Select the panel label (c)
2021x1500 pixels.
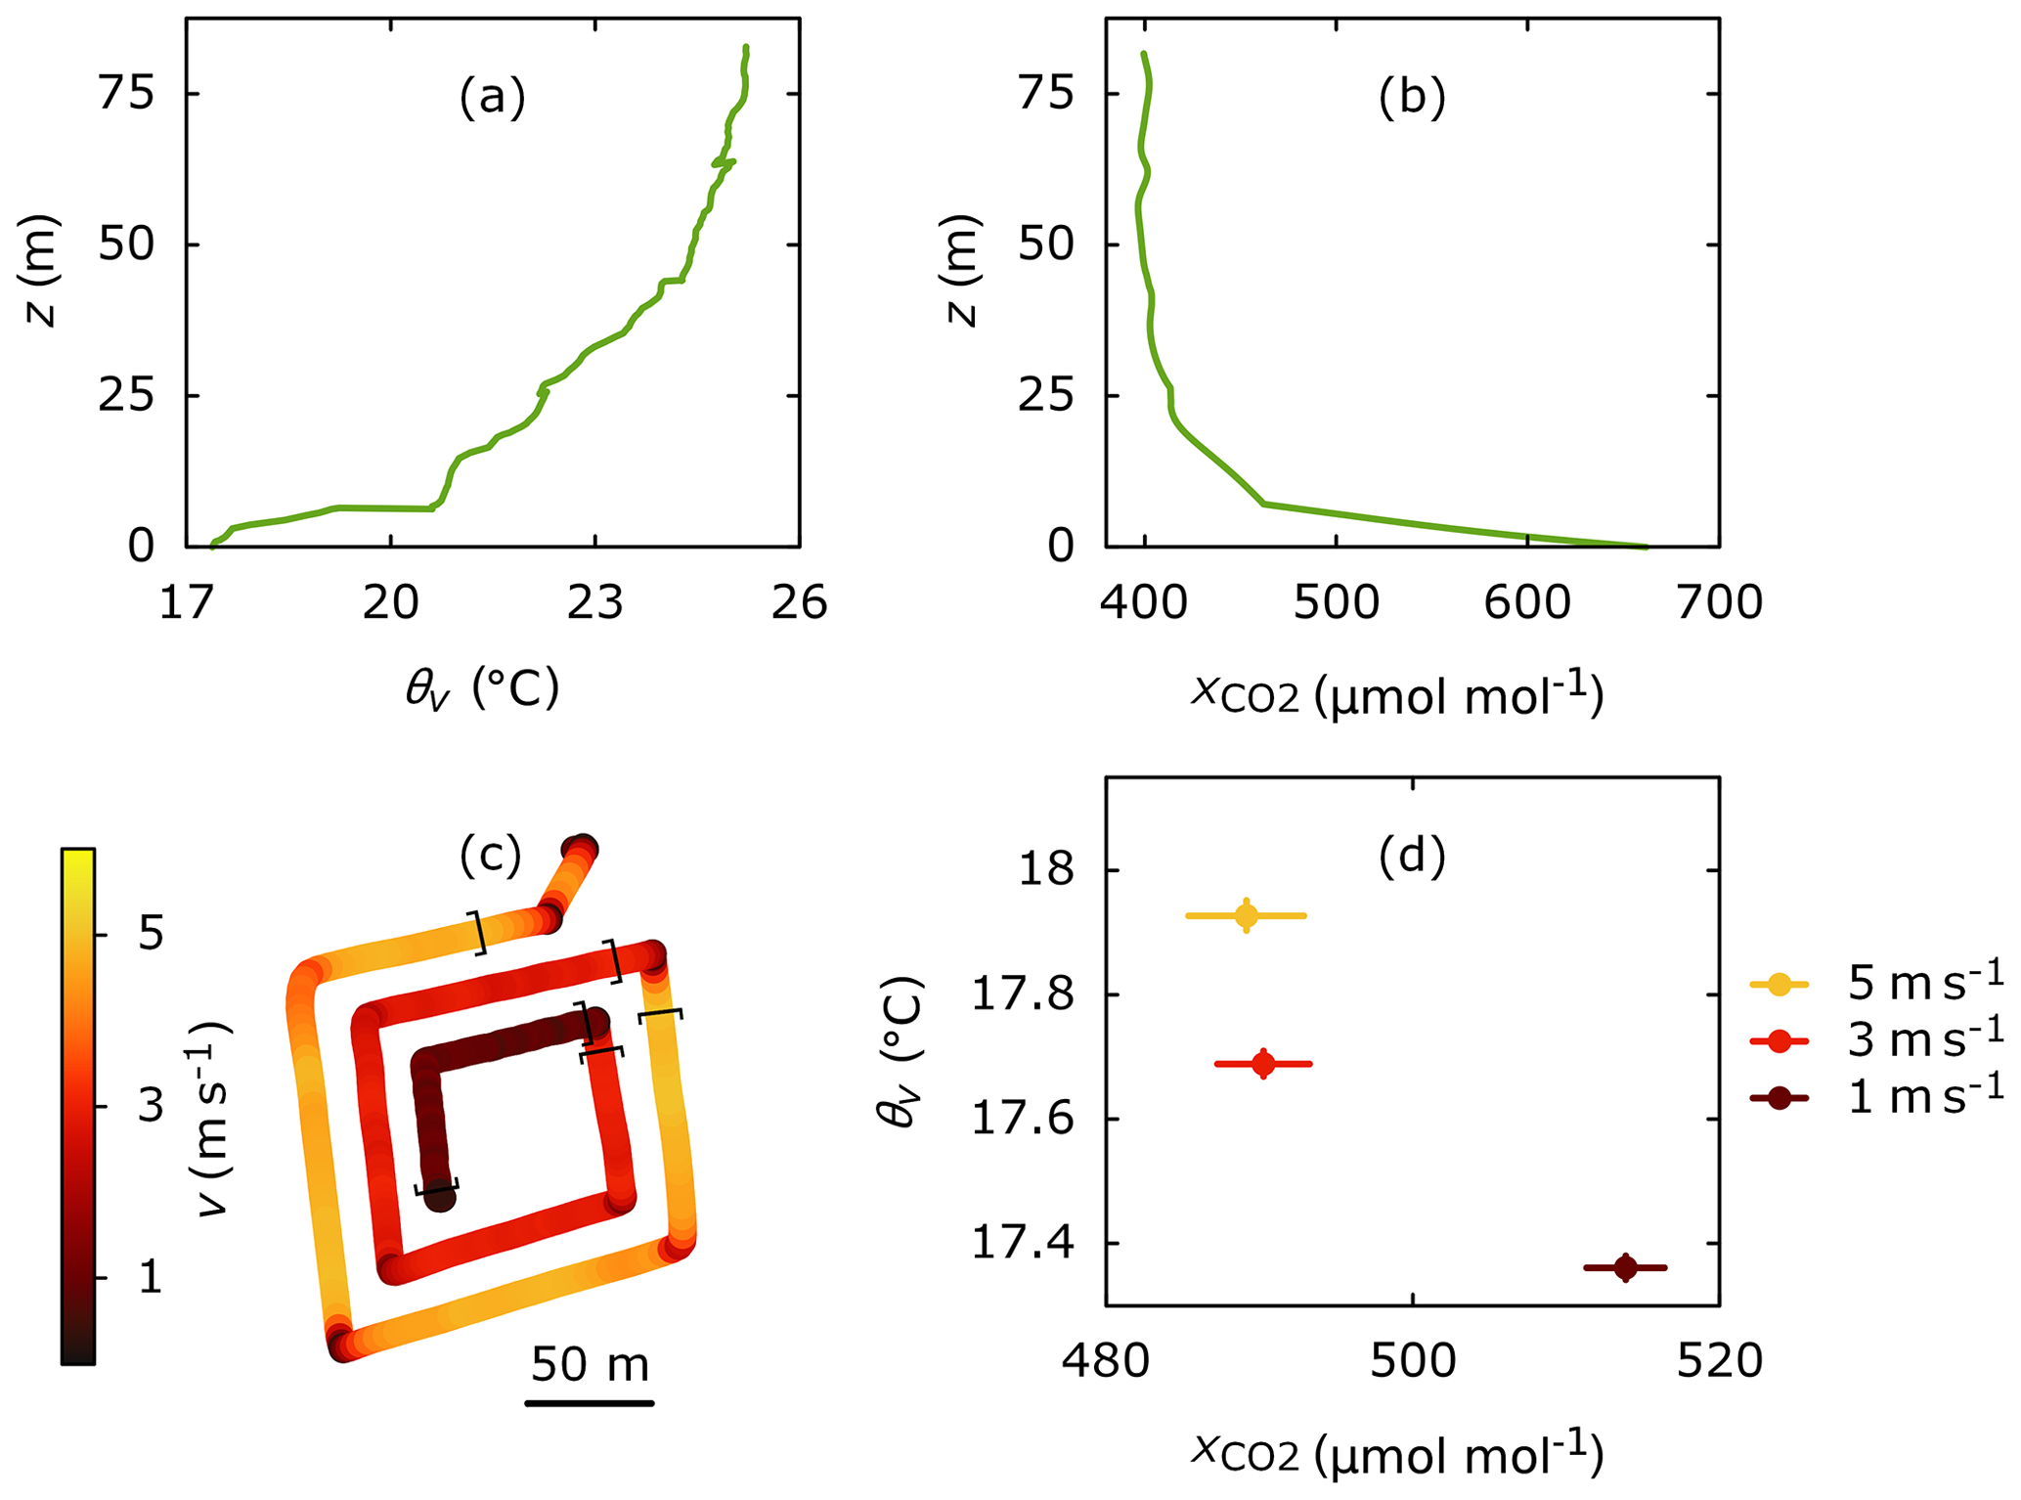click(x=490, y=856)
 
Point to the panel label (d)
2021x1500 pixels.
click(x=1411, y=856)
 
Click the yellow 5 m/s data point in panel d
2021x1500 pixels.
click(x=1246, y=915)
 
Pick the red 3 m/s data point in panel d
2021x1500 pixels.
click(x=1263, y=1063)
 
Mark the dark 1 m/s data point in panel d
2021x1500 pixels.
click(x=1625, y=1267)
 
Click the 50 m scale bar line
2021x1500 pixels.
click(x=589, y=1403)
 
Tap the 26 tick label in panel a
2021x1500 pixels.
click(x=799, y=603)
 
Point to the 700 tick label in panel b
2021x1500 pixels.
click(x=1719, y=603)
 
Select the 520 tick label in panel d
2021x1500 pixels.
click(x=1719, y=1361)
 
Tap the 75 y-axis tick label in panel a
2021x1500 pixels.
click(x=126, y=94)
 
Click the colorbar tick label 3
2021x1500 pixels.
click(x=151, y=1106)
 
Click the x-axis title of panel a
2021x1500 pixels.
click(x=482, y=688)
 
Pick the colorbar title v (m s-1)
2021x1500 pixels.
click(x=213, y=1117)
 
